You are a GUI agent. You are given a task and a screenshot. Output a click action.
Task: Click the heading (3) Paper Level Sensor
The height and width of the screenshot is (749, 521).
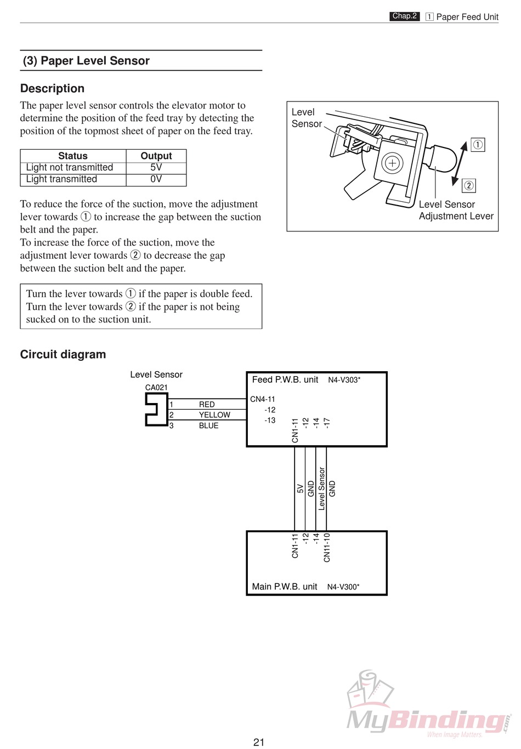pyautogui.click(x=86, y=61)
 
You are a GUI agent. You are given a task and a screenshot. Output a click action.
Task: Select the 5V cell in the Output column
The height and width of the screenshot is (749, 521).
pyautogui.click(x=156, y=167)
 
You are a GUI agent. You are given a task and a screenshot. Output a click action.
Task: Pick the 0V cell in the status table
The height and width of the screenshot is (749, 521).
pyautogui.click(x=156, y=179)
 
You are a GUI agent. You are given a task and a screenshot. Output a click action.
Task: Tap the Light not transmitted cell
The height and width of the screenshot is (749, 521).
pyautogui.click(x=70, y=167)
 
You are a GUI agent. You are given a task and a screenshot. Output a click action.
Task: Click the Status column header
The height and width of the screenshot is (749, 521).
pyautogui.click(x=73, y=156)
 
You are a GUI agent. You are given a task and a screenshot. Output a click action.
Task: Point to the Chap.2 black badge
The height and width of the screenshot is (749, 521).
pyautogui.click(x=405, y=16)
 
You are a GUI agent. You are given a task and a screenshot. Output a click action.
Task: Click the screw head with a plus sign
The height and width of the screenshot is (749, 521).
pyautogui.click(x=392, y=163)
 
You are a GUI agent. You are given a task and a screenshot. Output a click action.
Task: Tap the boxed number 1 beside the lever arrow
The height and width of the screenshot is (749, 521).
pyautogui.click(x=478, y=145)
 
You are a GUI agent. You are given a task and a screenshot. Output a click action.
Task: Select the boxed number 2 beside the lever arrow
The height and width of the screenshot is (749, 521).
pyautogui.click(x=469, y=185)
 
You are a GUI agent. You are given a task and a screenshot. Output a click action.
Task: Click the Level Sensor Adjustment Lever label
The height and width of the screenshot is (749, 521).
pyautogui.click(x=456, y=210)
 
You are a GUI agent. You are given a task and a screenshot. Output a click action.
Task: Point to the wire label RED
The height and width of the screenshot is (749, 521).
pyautogui.click(x=207, y=405)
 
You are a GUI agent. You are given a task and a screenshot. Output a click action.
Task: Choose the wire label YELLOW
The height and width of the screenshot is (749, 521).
pyautogui.click(x=214, y=415)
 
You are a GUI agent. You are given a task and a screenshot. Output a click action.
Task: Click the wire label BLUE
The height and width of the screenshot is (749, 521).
pyautogui.click(x=208, y=425)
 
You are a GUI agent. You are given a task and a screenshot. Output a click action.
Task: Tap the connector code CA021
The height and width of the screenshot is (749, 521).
pyautogui.click(x=156, y=388)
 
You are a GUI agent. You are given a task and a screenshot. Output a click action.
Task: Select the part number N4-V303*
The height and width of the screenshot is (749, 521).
pyautogui.click(x=344, y=380)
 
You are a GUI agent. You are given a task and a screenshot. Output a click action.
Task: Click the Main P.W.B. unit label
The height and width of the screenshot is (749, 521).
pyautogui.click(x=284, y=587)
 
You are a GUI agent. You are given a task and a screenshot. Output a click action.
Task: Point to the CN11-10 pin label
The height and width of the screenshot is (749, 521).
pyautogui.click(x=327, y=547)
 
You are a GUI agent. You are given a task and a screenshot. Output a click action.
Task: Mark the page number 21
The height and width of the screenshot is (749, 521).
pyautogui.click(x=259, y=742)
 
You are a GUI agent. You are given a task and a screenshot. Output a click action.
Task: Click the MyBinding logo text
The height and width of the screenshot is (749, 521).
pyautogui.click(x=425, y=719)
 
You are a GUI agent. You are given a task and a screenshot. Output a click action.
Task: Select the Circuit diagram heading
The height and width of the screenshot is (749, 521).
pyautogui.click(x=63, y=354)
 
